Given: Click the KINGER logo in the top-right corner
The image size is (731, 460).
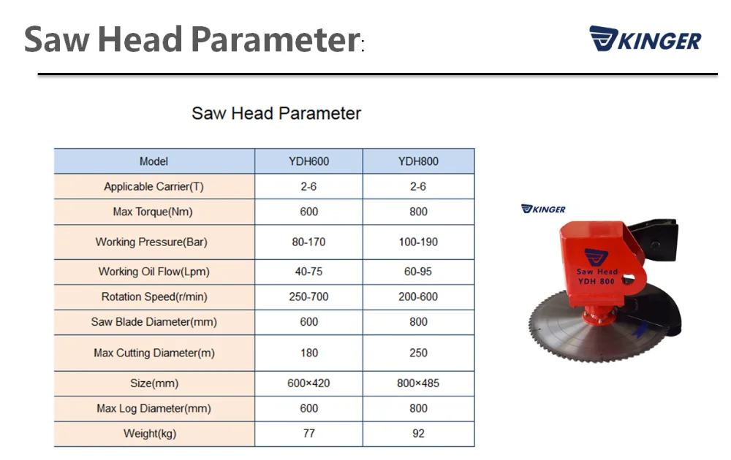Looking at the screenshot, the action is point(645,39).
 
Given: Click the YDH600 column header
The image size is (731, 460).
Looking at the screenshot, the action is point(308,161).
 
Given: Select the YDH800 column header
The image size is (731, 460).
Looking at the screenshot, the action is point(418,161).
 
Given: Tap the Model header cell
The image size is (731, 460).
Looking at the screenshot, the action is point(154,161).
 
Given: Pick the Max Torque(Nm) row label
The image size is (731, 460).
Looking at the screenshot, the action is point(153,212).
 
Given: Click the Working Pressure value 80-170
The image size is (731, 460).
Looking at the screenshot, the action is point(308,242).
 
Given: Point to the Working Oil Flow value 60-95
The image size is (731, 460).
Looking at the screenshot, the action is point(418,272).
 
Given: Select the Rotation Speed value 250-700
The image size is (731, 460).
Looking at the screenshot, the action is point(308,296).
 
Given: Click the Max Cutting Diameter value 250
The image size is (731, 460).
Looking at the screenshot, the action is point(418,353).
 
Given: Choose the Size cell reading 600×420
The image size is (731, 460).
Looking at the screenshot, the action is point(308,383).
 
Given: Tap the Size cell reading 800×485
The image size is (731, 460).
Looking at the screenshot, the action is point(418,383).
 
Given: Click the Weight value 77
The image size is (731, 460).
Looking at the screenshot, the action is point(308,434).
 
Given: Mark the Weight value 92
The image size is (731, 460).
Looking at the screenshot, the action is point(418,434).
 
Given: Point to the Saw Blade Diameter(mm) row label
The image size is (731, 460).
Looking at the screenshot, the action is point(154,322).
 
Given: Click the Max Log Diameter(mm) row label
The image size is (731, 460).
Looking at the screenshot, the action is point(154,409).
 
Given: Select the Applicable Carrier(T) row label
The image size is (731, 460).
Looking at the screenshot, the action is point(154,187).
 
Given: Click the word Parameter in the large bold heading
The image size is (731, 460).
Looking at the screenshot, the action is point(276,39).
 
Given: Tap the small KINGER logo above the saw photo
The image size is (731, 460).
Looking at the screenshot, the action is point(543,209).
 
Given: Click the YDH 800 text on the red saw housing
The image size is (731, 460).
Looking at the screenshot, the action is point(596,281).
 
